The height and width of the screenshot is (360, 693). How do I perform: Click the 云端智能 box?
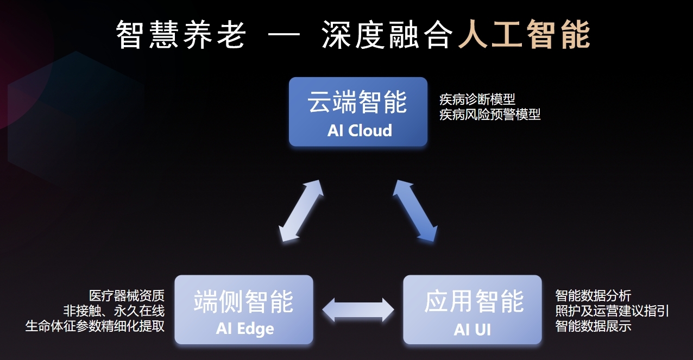coord(358,112)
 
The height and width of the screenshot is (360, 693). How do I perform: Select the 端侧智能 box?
coord(244,310)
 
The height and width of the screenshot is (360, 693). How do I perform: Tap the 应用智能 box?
coord(472,310)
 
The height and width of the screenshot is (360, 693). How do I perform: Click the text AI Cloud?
coord(360,130)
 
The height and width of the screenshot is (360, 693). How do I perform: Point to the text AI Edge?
coord(245,329)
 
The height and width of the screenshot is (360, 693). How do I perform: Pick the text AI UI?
coord(472,329)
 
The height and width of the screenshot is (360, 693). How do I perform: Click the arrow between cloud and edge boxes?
coord(301,211)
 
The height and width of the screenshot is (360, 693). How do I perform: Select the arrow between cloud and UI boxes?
coord(415,211)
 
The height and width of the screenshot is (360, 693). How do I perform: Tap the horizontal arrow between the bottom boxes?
coord(358,310)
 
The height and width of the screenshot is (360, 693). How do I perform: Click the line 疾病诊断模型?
coord(477,99)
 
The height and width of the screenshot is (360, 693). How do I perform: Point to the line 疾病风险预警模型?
coord(490,115)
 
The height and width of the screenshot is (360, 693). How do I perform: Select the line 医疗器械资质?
coord(127,296)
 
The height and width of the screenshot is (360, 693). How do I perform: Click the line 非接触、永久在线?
coord(114,311)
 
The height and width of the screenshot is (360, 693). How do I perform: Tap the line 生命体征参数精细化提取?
coord(94,326)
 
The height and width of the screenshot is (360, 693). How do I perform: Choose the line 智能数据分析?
coord(593,296)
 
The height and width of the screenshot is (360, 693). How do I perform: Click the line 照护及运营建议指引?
coord(612,311)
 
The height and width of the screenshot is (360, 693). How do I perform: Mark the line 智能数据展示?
coord(593,326)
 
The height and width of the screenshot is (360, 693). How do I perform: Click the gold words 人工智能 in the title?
coord(524,34)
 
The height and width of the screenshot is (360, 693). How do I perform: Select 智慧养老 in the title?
coord(181,34)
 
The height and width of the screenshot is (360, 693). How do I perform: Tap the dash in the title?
coord(284,34)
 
